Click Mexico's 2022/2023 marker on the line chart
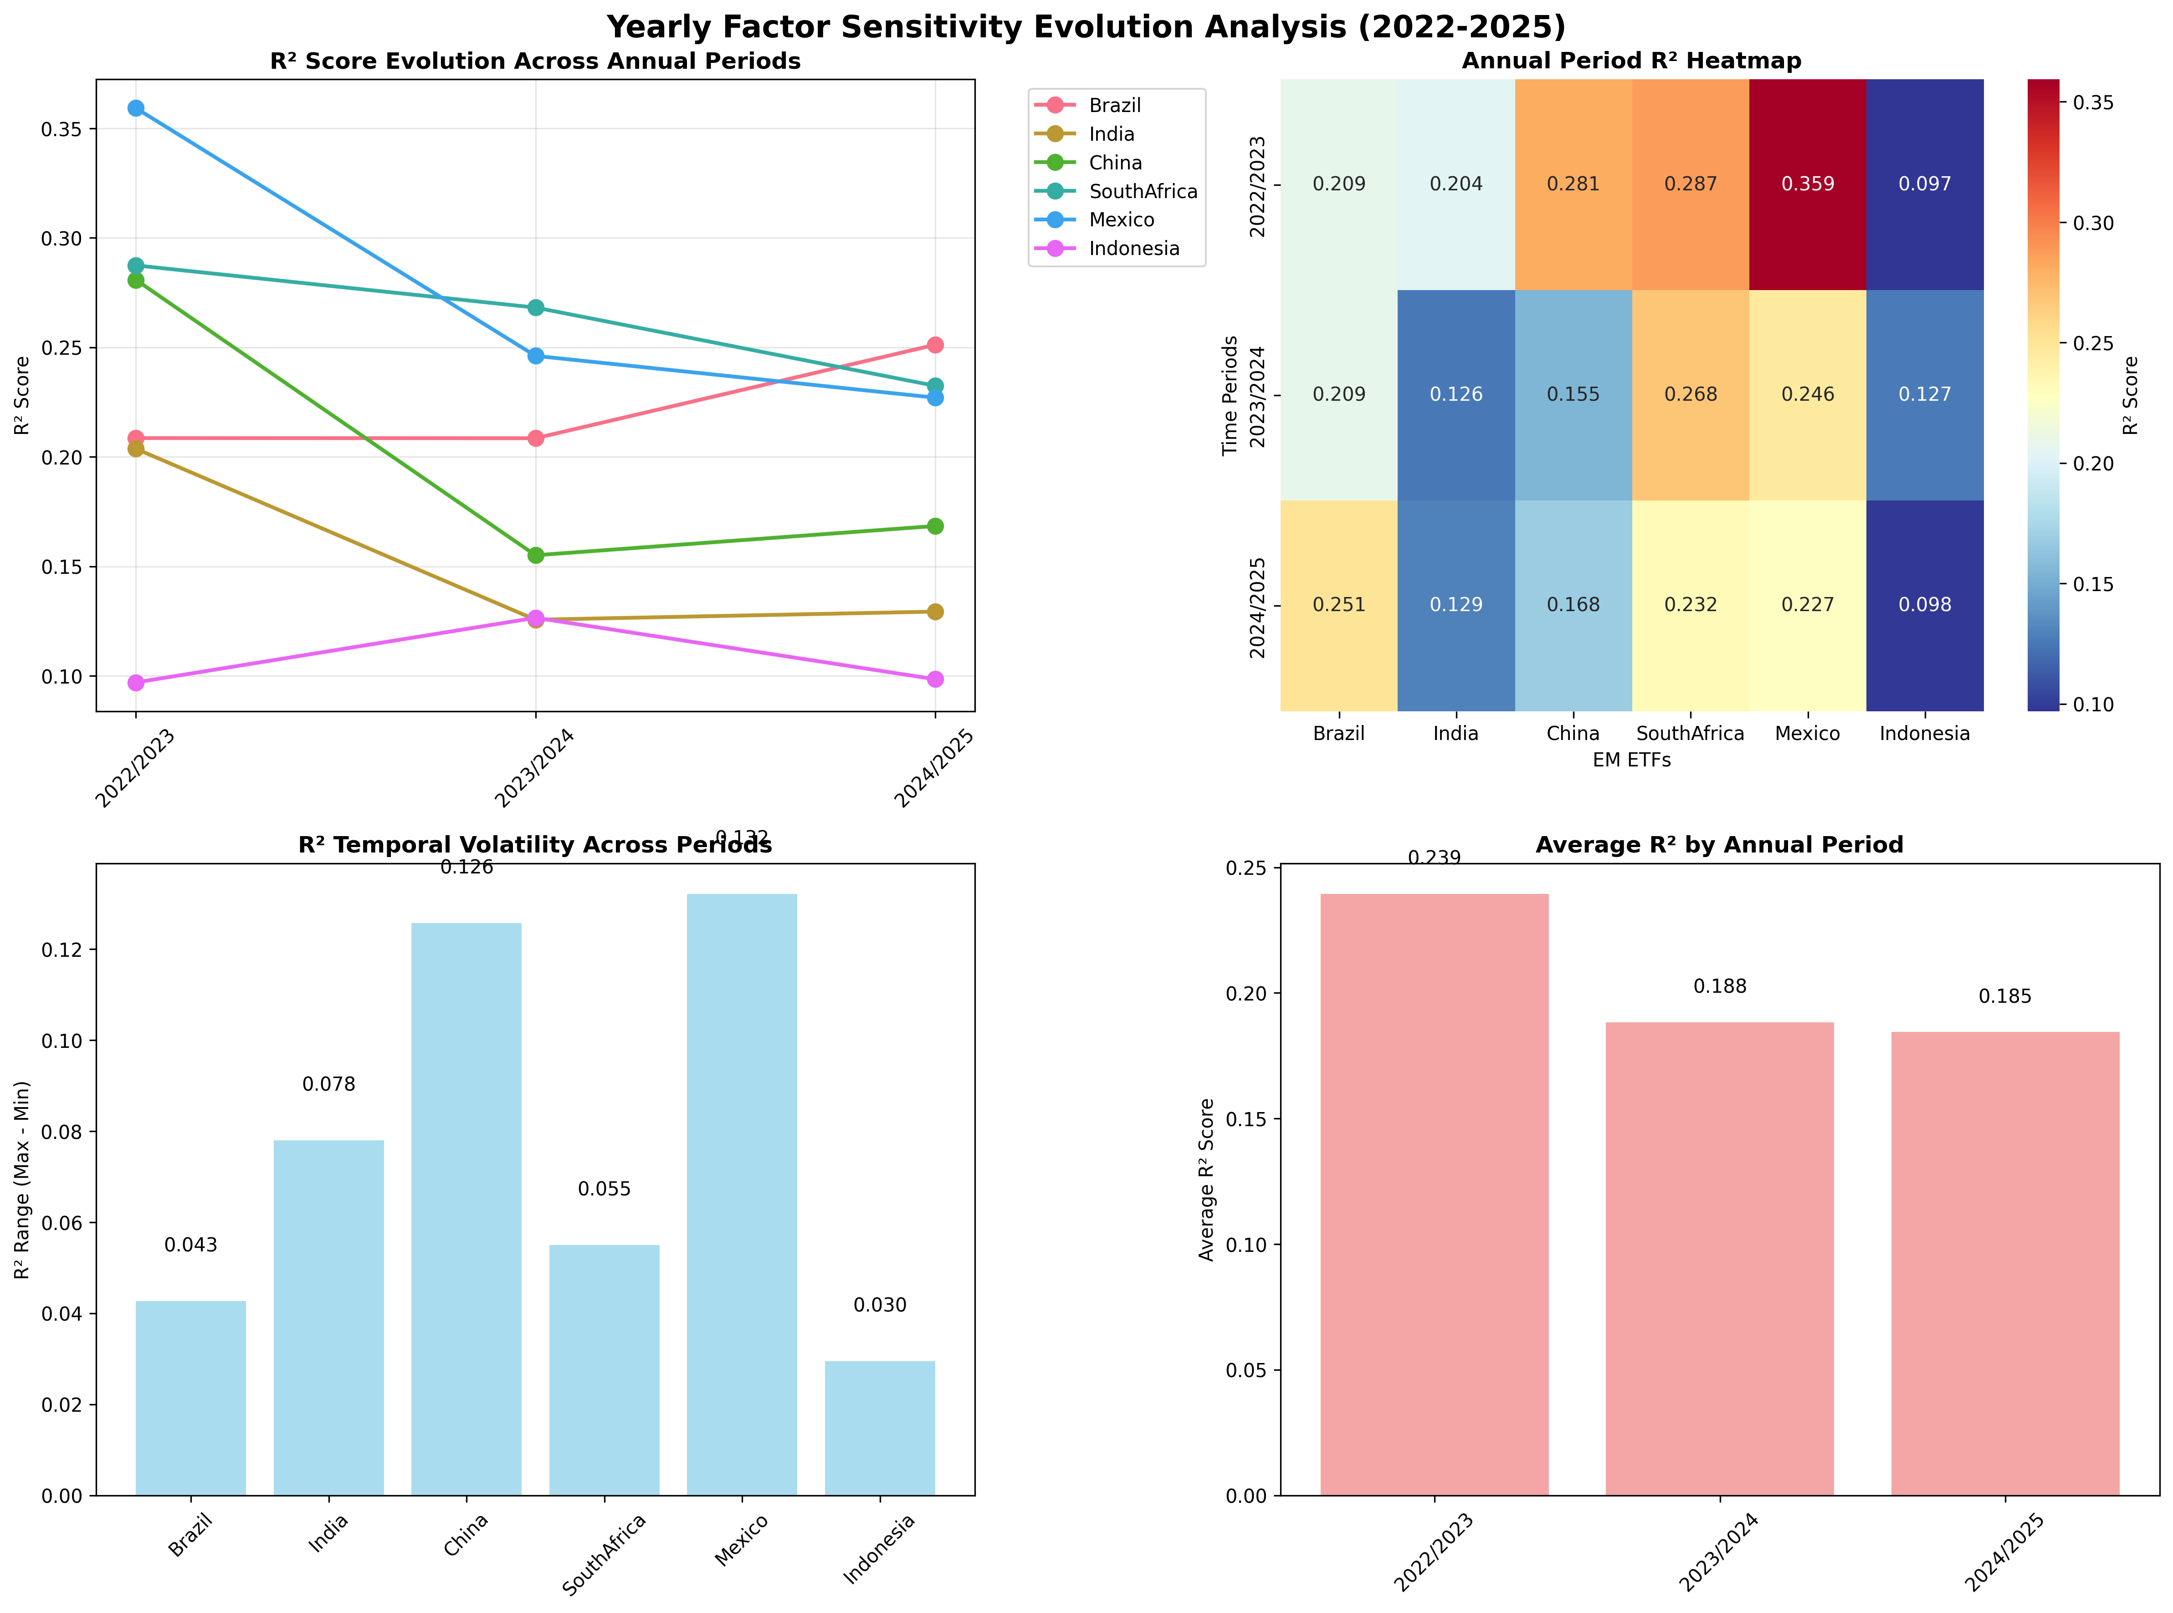tap(136, 108)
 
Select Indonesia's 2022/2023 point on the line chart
tap(136, 683)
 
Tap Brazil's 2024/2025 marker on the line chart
tap(935, 345)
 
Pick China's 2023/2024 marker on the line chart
tap(535, 556)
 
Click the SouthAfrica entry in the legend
tap(1143, 191)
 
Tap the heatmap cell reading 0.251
tap(1339, 605)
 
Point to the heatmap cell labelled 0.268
tap(1691, 394)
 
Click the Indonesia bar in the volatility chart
tap(880, 1428)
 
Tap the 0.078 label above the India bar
tap(329, 1085)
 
